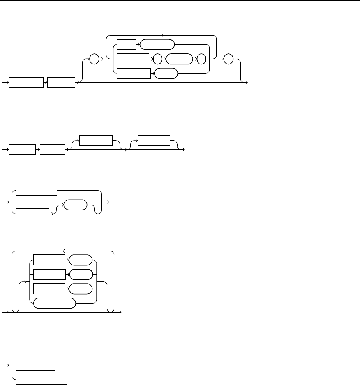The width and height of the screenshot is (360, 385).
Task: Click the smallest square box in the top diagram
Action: [x=127, y=44]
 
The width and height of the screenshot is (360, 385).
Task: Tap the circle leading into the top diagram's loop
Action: [x=95, y=60]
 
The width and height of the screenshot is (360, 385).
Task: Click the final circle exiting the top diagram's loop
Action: [x=229, y=60]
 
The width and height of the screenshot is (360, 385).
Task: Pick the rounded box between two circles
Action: [x=179, y=59]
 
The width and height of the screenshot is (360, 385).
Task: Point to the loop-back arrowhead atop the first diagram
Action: [x=162, y=35]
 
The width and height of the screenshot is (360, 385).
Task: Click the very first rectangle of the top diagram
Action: [x=26, y=82]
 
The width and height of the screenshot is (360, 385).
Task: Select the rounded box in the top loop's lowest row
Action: [x=166, y=74]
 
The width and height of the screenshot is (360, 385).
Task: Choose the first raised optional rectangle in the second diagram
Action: [x=96, y=141]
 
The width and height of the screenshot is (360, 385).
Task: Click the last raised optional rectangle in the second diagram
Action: [x=154, y=141]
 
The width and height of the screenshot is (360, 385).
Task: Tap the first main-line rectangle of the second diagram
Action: [x=22, y=149]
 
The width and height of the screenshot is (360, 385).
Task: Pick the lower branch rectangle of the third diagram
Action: [x=33, y=214]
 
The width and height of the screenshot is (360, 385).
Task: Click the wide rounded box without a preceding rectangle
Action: [x=54, y=303]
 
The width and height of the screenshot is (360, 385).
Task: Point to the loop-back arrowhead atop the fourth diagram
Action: [x=63, y=251]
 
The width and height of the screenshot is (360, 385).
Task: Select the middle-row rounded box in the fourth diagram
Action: [x=81, y=275]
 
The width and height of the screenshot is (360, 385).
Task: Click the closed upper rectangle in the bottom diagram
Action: [x=35, y=365]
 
